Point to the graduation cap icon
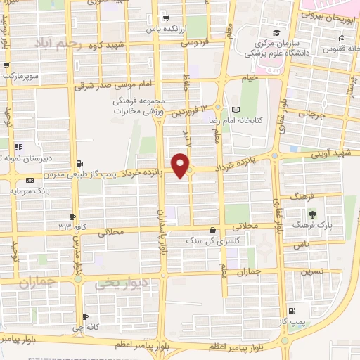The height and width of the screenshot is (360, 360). [278, 33]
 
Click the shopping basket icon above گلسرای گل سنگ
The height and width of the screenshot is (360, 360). [213, 229]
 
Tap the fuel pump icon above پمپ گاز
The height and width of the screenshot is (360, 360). [291, 311]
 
